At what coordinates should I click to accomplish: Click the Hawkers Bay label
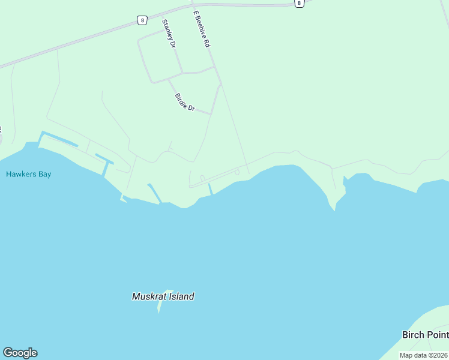pyautogui.click(x=28, y=174)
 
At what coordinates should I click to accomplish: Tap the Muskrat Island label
pyautogui.click(x=163, y=296)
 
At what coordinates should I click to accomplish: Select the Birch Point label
pyautogui.click(x=425, y=335)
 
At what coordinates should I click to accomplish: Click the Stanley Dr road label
pyautogui.click(x=169, y=34)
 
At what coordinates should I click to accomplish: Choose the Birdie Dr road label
pyautogui.click(x=185, y=102)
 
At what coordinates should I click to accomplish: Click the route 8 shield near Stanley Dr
pyautogui.click(x=142, y=20)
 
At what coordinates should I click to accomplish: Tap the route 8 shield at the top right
pyautogui.click(x=299, y=3)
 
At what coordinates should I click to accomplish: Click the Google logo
pyautogui.click(x=20, y=353)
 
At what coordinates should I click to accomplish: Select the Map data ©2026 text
pyautogui.click(x=424, y=355)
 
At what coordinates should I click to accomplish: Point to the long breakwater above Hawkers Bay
pyautogui.click(x=59, y=139)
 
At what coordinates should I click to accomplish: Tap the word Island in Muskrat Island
pyautogui.click(x=181, y=296)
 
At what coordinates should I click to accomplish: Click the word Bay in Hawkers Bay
pyautogui.click(x=44, y=174)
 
